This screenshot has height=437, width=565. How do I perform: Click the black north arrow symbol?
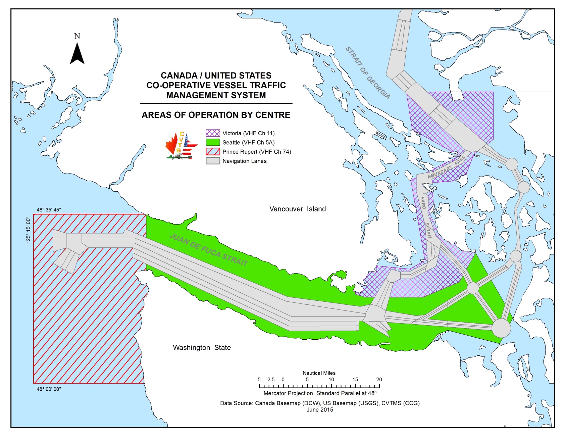(x=77, y=54)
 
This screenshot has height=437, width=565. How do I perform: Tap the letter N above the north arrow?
(x=77, y=36)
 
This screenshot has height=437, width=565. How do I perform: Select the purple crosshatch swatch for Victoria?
(x=213, y=133)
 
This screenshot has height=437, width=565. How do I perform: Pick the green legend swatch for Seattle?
(x=213, y=142)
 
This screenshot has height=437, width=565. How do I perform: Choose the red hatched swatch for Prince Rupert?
(x=213, y=152)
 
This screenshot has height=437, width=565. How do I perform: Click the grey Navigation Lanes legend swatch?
(x=213, y=161)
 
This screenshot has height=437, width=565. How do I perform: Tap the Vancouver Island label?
(x=297, y=209)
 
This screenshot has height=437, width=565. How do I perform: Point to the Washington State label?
(x=202, y=347)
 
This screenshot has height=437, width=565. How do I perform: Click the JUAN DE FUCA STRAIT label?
(x=209, y=250)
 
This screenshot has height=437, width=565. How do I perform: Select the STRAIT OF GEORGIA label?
(x=368, y=73)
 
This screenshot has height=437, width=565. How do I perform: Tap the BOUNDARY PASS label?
(x=446, y=167)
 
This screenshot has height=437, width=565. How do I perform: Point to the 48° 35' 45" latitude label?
(x=49, y=210)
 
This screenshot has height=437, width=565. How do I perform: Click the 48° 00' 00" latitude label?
(x=49, y=389)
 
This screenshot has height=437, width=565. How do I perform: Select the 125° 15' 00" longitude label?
(x=29, y=230)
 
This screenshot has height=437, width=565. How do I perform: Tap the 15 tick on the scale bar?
(x=355, y=380)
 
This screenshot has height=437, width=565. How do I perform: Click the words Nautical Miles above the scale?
(x=319, y=373)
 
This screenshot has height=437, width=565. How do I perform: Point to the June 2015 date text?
(x=320, y=409)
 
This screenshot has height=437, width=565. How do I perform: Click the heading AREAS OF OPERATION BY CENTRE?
(x=216, y=115)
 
